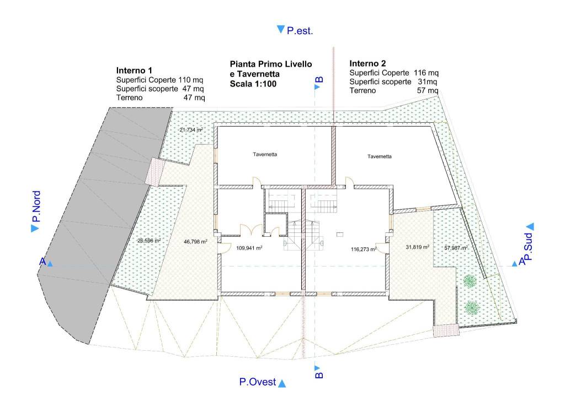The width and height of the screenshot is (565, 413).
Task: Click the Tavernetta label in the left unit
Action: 265,154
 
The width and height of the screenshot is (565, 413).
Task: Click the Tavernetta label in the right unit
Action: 380,156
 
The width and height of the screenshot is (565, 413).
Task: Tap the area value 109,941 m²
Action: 249,247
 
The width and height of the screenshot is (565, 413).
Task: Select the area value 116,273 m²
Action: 364,249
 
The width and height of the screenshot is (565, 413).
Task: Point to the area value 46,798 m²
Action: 195,242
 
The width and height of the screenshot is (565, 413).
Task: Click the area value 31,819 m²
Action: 417,247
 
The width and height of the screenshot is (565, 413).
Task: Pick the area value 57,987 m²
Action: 456,248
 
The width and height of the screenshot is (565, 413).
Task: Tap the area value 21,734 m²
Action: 191,130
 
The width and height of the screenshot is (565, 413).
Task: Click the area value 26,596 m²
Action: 149,241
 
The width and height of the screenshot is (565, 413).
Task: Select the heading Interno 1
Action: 134,70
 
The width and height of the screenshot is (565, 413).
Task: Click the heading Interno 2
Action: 367,64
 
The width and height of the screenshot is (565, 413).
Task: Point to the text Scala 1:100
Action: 253,84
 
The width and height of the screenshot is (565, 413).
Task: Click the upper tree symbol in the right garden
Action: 469,281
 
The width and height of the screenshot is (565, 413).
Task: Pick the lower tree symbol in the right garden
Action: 470,308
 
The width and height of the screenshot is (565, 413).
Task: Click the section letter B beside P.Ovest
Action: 319,375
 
